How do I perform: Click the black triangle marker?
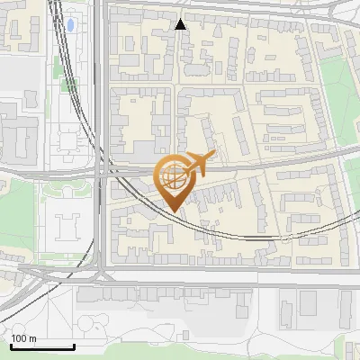tap(181, 24)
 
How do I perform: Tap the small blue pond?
tap(70, 22)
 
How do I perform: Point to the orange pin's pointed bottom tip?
tap(174, 211)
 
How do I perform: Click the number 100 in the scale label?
tap(20, 338)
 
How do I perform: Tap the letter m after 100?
tap(33, 338)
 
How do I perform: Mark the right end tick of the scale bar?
tap(74, 346)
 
